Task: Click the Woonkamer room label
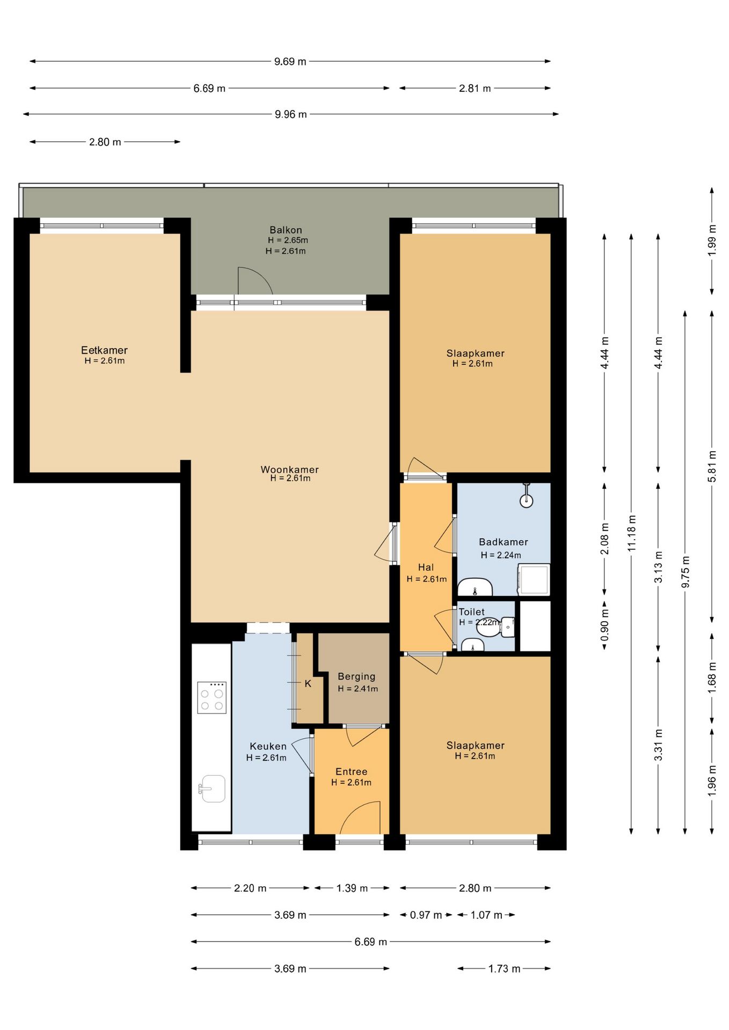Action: pyautogui.click(x=289, y=469)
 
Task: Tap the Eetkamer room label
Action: pyautogui.click(x=104, y=350)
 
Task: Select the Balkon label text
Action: pyautogui.click(x=286, y=230)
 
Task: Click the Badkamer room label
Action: pyautogui.click(x=503, y=542)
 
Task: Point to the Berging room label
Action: pyautogui.click(x=356, y=677)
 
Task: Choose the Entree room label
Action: pyautogui.click(x=351, y=771)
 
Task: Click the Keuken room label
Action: pyautogui.click(x=268, y=746)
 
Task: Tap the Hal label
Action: pyautogui.click(x=426, y=567)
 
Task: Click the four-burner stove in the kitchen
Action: pyautogui.click(x=212, y=697)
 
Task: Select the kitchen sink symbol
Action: pyautogui.click(x=212, y=789)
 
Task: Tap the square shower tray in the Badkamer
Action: pyautogui.click(x=533, y=580)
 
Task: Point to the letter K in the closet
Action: pyautogui.click(x=308, y=683)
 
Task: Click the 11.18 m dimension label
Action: pyautogui.click(x=631, y=533)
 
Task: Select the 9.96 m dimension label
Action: pyautogui.click(x=290, y=114)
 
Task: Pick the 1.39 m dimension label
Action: pyautogui.click(x=352, y=888)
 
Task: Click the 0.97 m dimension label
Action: pyautogui.click(x=426, y=915)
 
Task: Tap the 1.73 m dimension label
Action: pyautogui.click(x=504, y=968)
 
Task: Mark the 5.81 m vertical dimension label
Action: pyautogui.click(x=712, y=466)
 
